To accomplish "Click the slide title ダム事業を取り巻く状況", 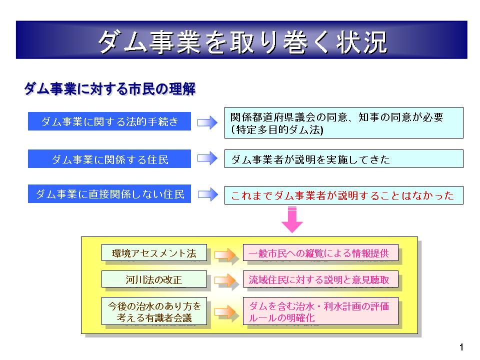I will pos(241,42).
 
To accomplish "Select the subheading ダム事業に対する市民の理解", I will pos(110,89).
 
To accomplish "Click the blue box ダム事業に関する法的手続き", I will pos(109,121).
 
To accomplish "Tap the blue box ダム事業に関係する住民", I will pos(109,159).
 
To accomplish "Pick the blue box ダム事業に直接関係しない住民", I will pos(109,194).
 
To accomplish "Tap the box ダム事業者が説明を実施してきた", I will pos(343,159).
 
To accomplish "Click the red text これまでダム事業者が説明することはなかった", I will pos(343,195).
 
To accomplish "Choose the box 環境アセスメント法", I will pos(154,253).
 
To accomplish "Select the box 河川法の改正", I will pos(154,279).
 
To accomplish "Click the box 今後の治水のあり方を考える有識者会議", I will pos(154,311).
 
